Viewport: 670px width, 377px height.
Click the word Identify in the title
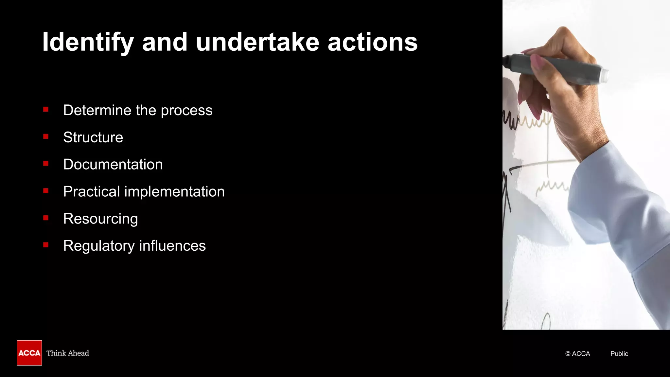(x=88, y=43)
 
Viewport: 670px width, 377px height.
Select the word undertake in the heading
(x=257, y=43)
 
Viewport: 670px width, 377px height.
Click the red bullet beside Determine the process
(x=46, y=110)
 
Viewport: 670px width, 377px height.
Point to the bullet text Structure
(x=93, y=137)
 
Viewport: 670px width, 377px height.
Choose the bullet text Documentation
(x=113, y=165)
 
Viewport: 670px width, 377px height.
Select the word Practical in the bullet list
(x=91, y=192)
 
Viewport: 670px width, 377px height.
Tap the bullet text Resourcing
(x=100, y=219)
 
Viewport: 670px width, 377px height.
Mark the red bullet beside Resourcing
(x=46, y=218)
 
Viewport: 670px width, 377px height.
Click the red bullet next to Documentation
(x=46, y=164)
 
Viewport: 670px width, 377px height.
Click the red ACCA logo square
(x=29, y=353)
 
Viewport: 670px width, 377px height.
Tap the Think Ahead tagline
(x=68, y=353)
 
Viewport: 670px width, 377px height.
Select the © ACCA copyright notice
(x=577, y=354)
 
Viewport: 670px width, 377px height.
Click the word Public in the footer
(x=619, y=354)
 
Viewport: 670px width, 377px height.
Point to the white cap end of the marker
(x=605, y=76)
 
